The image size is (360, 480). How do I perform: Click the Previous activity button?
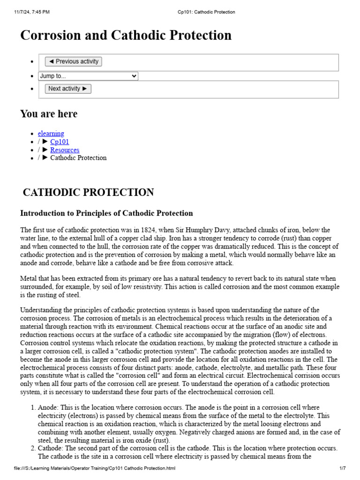(73, 61)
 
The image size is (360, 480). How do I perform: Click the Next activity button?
(68, 89)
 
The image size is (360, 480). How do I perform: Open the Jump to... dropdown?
(88, 76)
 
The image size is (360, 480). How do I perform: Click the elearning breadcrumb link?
(51, 134)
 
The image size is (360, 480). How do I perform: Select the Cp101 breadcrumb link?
(60, 142)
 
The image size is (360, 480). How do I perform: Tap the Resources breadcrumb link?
(65, 150)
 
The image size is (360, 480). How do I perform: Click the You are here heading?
(49, 114)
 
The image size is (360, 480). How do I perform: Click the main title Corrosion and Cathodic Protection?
(126, 36)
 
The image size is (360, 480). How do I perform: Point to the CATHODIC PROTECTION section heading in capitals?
(88, 193)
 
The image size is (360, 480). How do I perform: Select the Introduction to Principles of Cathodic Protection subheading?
(106, 213)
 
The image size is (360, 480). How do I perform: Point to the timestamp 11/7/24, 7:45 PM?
(32, 12)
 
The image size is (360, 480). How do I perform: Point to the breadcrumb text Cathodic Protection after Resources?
(78, 158)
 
